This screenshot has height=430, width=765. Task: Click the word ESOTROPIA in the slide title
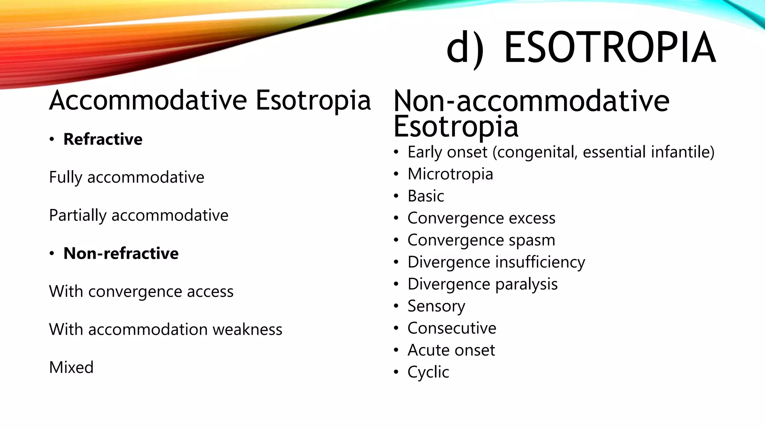coord(610,48)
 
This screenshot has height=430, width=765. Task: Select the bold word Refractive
coord(103,139)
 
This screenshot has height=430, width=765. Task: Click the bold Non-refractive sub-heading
coord(121,253)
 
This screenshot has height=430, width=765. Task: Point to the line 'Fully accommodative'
coord(127,177)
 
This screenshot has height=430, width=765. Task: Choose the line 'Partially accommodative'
coord(139,215)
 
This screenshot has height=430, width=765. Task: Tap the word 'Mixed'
coord(71,368)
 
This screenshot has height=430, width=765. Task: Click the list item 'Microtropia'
coord(450,174)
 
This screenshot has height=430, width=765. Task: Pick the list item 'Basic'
coord(426,196)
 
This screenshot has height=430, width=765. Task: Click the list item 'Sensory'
coord(436,306)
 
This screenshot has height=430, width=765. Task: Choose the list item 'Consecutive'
coord(452,328)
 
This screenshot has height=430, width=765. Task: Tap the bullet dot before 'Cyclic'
coord(396,372)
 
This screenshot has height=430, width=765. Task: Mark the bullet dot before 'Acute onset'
coord(396,350)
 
